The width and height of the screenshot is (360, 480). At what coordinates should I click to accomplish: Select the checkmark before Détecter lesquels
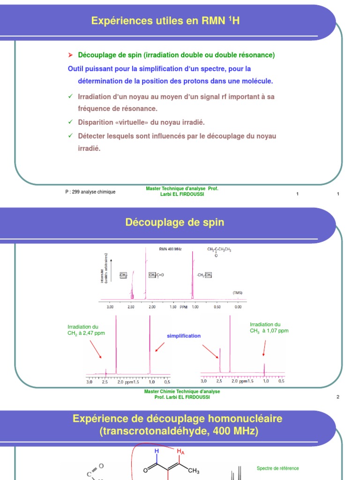[70, 136]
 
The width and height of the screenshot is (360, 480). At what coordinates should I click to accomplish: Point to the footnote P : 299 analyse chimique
[90, 192]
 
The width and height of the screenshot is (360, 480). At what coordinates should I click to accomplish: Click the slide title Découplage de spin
[174, 223]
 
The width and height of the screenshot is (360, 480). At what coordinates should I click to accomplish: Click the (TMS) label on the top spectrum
[238, 292]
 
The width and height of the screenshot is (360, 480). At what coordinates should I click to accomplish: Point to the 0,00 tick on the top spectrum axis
[238, 307]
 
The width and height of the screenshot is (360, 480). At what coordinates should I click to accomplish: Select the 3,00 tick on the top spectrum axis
[110, 307]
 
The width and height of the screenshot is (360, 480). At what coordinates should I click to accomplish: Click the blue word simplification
[184, 336]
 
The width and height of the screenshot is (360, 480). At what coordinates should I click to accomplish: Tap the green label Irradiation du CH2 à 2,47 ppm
[86, 330]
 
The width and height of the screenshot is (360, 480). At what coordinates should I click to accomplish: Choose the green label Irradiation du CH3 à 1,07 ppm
[269, 327]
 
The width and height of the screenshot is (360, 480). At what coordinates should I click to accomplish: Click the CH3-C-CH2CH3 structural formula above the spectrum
[219, 250]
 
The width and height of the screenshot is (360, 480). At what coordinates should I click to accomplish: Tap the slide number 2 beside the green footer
[337, 397]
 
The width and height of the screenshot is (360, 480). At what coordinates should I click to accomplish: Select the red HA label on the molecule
[180, 451]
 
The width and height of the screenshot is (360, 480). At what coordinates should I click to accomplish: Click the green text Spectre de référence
[277, 468]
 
